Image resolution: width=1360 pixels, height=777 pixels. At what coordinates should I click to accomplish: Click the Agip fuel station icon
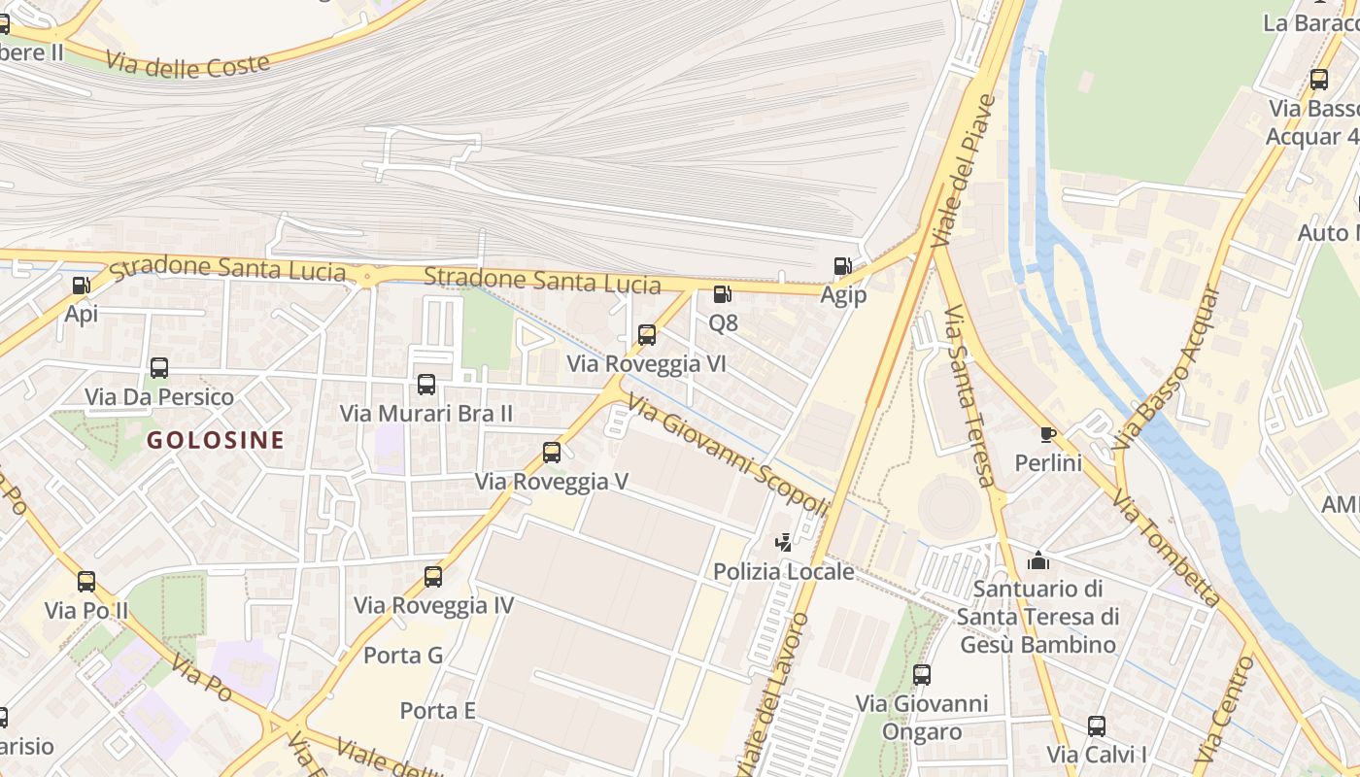[842, 266]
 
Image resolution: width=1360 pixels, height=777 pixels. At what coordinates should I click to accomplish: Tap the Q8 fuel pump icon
[722, 293]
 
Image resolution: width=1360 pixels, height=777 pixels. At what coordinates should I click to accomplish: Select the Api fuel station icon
[82, 286]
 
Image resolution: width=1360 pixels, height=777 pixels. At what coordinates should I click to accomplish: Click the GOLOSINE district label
[216, 440]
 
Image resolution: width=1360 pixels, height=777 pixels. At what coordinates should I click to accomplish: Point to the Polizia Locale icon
[783, 543]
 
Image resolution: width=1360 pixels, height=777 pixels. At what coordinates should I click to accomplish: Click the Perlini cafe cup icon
[1047, 434]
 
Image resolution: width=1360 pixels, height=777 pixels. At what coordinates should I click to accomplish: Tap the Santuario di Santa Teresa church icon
[1038, 560]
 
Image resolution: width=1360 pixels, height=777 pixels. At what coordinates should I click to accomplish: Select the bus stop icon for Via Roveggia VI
[647, 335]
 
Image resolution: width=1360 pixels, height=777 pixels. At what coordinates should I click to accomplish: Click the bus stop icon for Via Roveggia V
[552, 452]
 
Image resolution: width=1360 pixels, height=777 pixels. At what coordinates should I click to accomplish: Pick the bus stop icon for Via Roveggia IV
[433, 576]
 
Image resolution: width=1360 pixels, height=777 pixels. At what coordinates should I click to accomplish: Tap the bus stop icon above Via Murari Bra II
[425, 384]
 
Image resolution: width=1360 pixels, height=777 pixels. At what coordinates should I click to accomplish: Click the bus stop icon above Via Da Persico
[159, 368]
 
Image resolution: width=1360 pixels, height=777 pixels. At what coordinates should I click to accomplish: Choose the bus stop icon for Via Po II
[86, 582]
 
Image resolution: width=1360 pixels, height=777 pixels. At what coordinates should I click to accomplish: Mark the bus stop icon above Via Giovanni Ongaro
[922, 674]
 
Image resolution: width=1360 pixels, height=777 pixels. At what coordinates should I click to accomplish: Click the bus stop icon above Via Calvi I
[1097, 726]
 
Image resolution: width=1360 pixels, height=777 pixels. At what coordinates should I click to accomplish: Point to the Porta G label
[403, 656]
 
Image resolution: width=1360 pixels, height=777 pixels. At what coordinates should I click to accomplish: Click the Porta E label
[438, 711]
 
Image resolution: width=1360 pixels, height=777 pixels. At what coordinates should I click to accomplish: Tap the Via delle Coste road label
[187, 65]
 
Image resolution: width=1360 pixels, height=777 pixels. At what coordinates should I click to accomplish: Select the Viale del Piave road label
[963, 170]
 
